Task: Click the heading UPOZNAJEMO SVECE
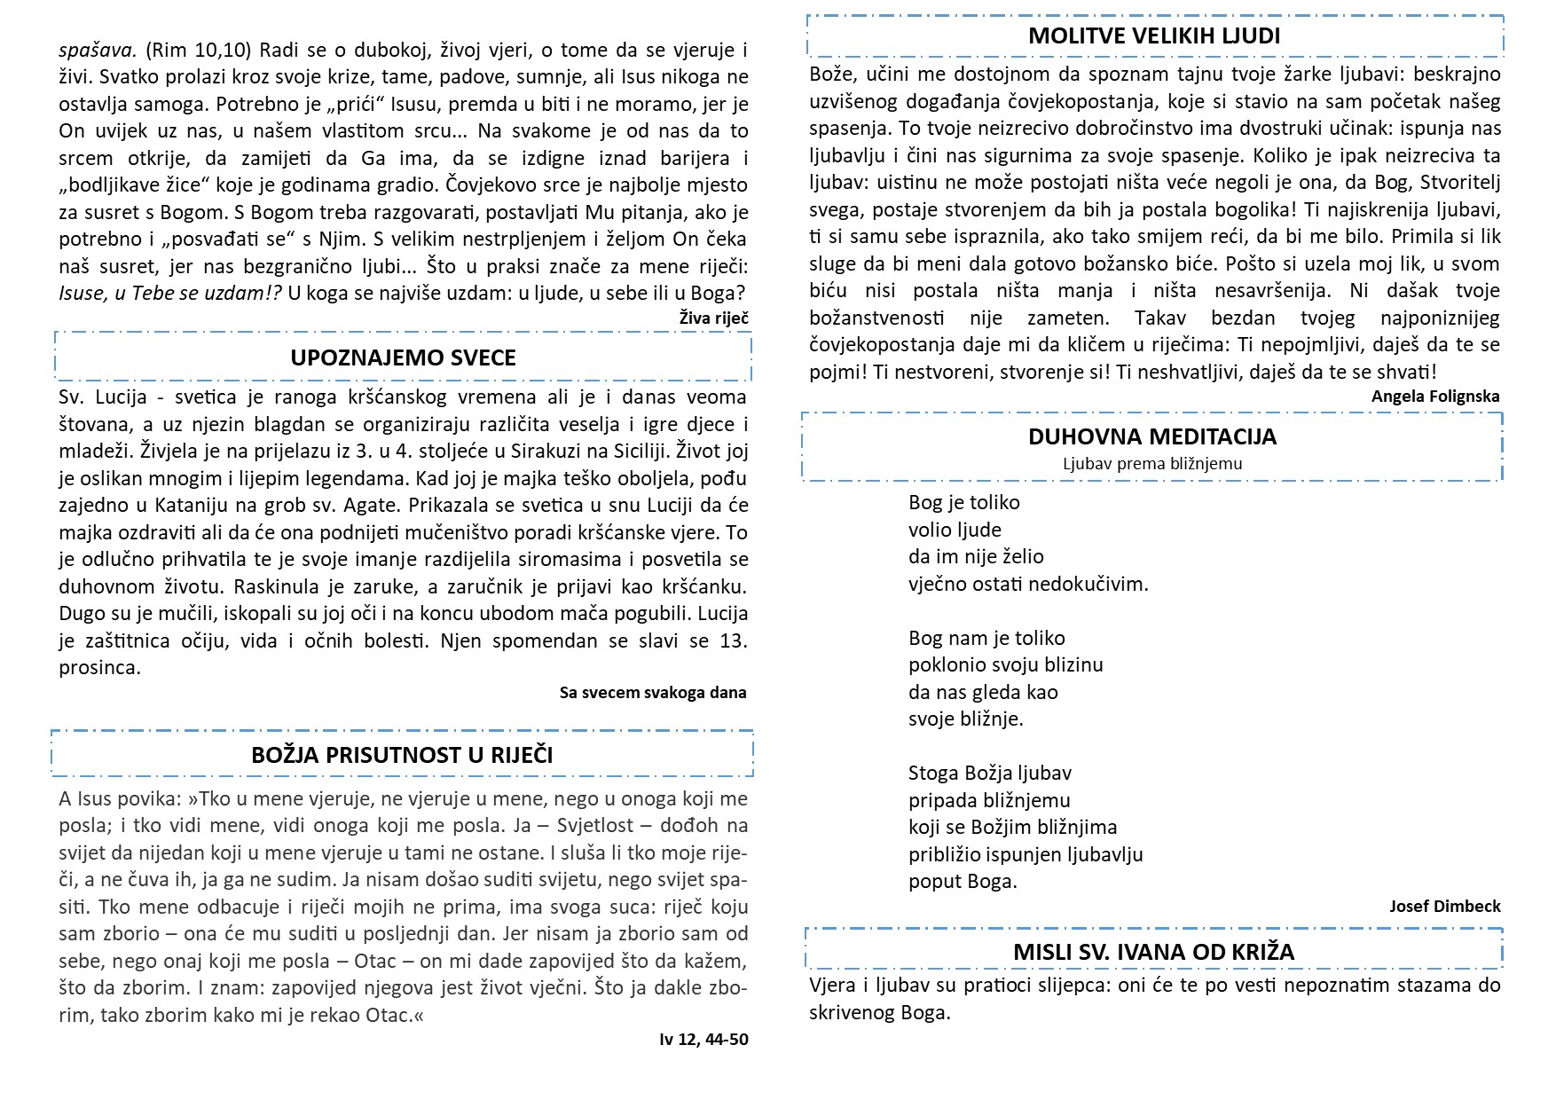[x=403, y=357]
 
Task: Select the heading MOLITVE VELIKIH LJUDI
[x=1154, y=36]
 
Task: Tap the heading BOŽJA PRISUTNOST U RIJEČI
[x=402, y=755]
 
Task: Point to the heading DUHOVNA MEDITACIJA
[x=1152, y=436]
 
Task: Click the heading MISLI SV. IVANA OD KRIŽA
[x=1153, y=952]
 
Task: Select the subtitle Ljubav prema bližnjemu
[x=1152, y=464]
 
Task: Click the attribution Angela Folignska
[x=1434, y=397]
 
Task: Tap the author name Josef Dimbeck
[x=1444, y=906]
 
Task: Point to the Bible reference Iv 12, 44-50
[x=703, y=1039]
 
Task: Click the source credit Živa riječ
[x=713, y=318]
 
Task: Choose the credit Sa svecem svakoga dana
[x=652, y=692]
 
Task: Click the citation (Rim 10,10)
[x=198, y=50]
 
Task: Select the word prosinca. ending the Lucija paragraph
[x=99, y=667]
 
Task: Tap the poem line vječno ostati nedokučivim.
[x=1027, y=584]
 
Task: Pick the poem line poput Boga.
[x=963, y=881]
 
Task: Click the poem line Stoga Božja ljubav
[x=989, y=773]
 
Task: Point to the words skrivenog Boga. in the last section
[x=879, y=1012]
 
